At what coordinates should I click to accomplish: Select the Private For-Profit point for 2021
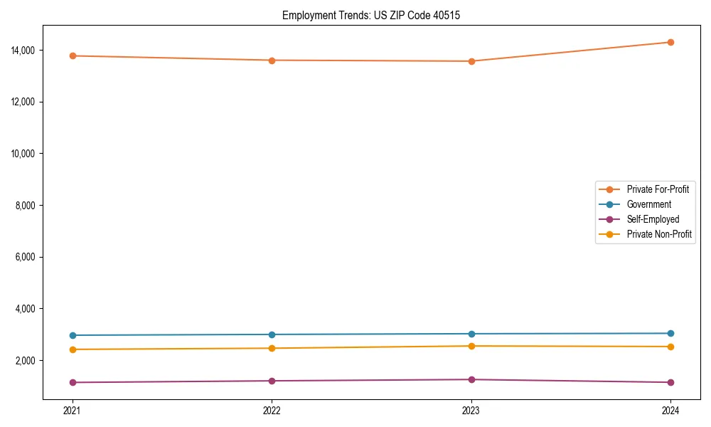[73, 56]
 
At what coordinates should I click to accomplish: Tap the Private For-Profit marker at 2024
[670, 42]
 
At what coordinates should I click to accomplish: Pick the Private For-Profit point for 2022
[272, 60]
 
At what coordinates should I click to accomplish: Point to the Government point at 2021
[73, 335]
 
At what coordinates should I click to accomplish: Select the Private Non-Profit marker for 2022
[272, 348]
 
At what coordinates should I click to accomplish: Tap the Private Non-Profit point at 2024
[670, 347]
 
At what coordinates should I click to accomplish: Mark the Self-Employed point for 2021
[73, 382]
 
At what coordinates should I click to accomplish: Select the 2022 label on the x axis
[272, 410]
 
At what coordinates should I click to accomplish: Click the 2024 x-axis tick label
[670, 410]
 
